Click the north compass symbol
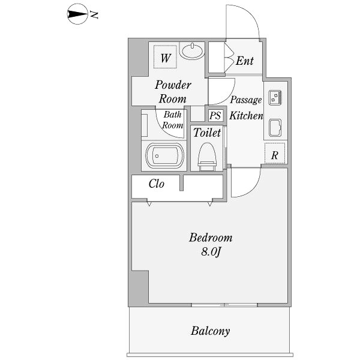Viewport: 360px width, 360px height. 79,15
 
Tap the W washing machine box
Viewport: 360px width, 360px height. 166,58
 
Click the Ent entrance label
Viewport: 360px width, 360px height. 244,61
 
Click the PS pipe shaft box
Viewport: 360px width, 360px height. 215,115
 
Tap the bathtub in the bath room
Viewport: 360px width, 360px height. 164,157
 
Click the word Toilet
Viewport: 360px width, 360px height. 207,133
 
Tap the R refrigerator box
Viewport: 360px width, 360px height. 275,155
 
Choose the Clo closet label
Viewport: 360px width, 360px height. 156,184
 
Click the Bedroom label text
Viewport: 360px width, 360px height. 210,238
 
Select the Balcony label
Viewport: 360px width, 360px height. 210,331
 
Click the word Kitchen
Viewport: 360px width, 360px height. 247,115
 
